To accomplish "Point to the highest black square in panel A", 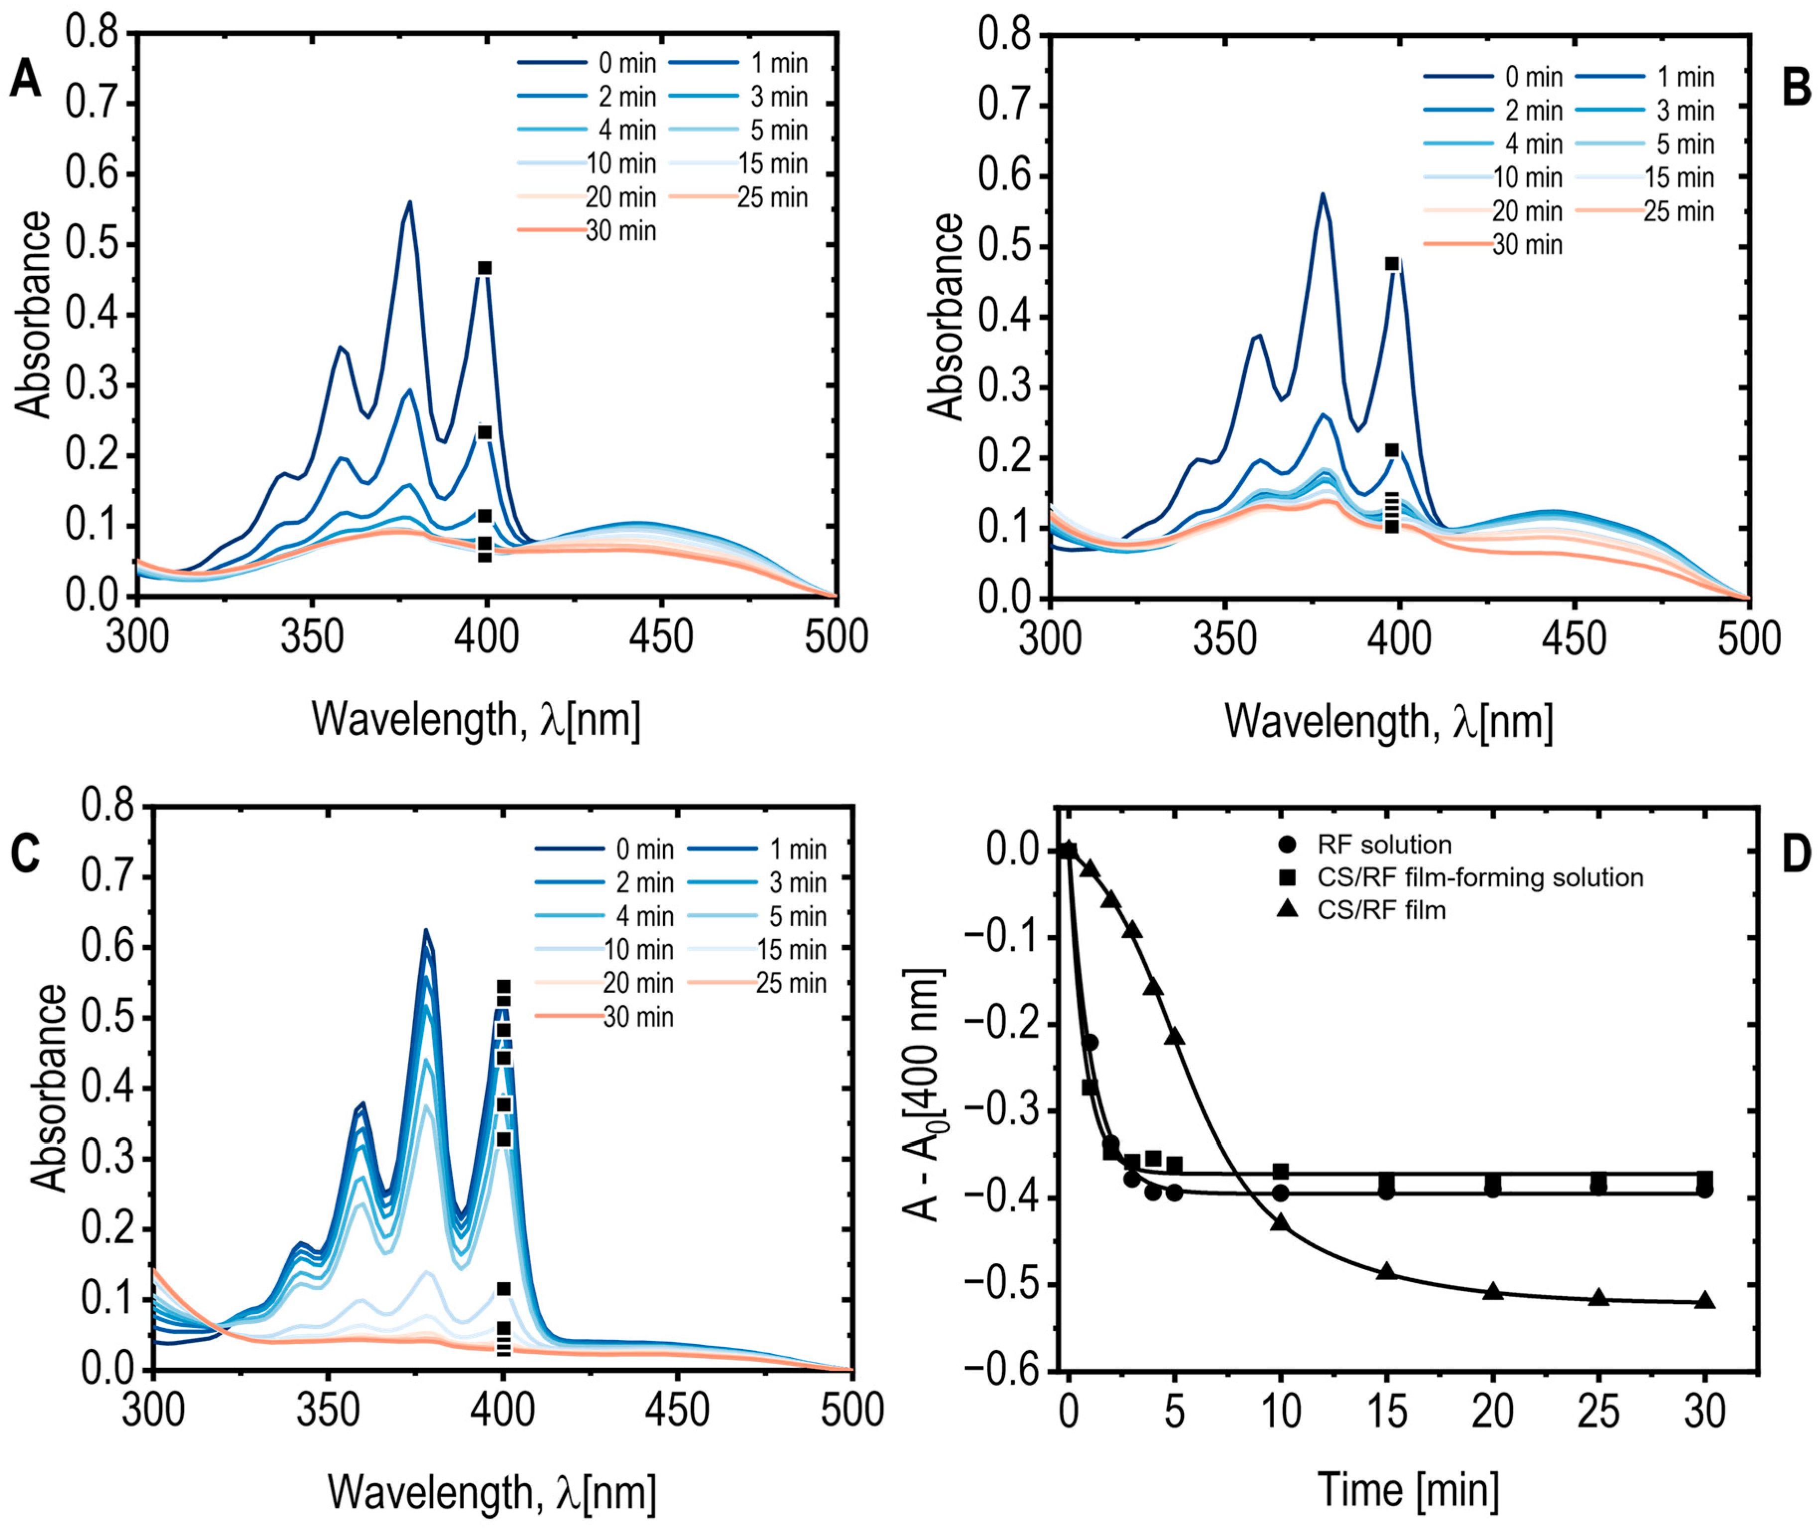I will pyautogui.click(x=485, y=269).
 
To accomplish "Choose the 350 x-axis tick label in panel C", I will pyautogui.click(x=328, y=1410).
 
